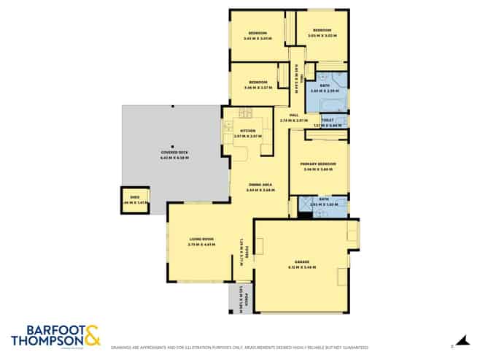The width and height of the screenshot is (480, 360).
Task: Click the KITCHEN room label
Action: coord(247,131)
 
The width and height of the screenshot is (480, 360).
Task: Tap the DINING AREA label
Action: coord(260,185)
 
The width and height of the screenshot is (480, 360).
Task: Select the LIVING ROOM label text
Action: coord(201,239)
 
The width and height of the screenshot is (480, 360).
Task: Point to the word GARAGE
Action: coord(302,261)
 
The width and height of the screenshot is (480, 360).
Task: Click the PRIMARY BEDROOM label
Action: coord(318,164)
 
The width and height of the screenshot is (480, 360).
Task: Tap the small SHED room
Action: coord(134,200)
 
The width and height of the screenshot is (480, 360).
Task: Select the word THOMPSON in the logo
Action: coord(45,340)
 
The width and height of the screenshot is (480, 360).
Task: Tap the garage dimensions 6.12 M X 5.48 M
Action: coord(302,267)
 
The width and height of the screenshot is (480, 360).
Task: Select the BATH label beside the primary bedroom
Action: coord(324,199)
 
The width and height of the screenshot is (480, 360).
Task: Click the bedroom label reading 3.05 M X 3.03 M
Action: coord(320,34)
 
